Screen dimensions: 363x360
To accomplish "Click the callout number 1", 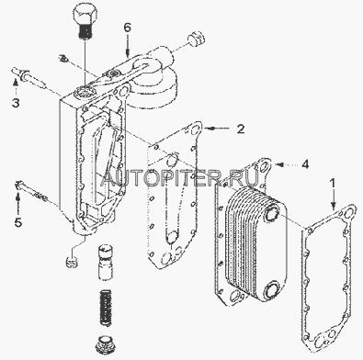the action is [x=333, y=183].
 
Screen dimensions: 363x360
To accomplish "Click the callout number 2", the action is [x=241, y=129].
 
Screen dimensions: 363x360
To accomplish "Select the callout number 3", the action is [x=16, y=103].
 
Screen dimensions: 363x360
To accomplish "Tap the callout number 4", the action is [x=305, y=164].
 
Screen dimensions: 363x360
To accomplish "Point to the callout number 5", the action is [x=18, y=222].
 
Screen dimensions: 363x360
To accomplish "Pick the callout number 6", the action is [x=128, y=28].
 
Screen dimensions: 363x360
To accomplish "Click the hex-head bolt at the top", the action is [x=86, y=22].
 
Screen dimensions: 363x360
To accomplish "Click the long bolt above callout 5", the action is [x=31, y=191].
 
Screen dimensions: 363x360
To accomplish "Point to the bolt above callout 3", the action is [x=29, y=78].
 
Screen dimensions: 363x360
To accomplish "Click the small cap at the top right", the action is [x=196, y=39].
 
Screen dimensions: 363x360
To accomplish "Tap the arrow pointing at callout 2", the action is [x=218, y=129].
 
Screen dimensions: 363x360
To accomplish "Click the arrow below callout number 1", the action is [x=334, y=199].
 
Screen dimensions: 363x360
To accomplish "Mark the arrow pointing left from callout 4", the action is [x=287, y=164].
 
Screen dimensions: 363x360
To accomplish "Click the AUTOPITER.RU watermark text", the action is [x=180, y=178].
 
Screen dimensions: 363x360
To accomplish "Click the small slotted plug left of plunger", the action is [x=73, y=261].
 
